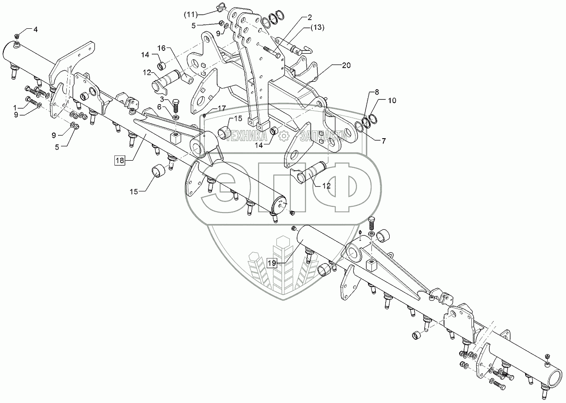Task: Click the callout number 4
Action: pyautogui.click(x=35, y=29)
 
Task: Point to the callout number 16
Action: pyautogui.click(x=161, y=48)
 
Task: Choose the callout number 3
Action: pyautogui.click(x=162, y=99)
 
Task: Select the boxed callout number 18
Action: pyautogui.click(x=120, y=160)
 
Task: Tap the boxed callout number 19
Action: pyautogui.click(x=272, y=263)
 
